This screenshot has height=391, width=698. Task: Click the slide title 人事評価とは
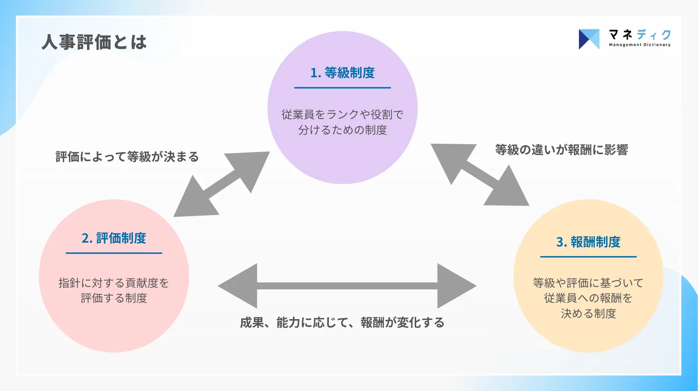point(94,42)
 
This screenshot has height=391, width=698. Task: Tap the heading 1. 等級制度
point(342,73)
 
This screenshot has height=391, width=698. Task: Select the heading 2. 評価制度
point(114,238)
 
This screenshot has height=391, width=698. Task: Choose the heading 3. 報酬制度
point(588,242)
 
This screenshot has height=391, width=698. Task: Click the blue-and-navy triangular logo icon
point(589,39)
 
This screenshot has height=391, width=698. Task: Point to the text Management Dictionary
point(640,45)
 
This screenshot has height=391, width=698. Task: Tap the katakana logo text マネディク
point(640,35)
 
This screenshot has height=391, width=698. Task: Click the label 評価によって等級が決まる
point(127,156)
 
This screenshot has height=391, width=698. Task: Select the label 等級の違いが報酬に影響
point(561,150)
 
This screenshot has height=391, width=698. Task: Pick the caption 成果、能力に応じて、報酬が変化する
point(342,322)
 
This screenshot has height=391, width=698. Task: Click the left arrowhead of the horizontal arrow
point(238,286)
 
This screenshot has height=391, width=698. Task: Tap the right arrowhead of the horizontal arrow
point(457,286)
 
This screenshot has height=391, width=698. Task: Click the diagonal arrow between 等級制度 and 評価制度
point(221,184)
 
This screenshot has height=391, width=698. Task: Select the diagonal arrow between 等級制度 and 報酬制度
point(480,175)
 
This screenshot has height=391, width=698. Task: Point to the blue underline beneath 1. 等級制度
point(342,88)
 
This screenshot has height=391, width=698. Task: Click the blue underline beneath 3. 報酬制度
point(588,257)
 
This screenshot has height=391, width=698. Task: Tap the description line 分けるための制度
point(342,130)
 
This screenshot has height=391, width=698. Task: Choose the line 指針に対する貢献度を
point(114,283)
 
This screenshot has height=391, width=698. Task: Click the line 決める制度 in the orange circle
point(588,313)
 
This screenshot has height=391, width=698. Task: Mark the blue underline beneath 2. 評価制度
point(114,253)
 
